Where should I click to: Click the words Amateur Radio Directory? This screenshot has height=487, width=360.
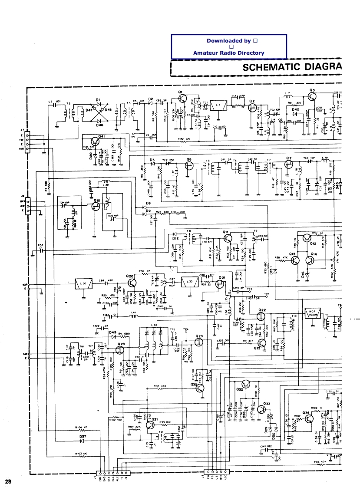[228, 53]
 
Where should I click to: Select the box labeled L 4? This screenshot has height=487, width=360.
[218, 106]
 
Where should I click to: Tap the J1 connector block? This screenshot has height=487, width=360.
[28, 142]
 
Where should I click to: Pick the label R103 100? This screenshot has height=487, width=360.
[81, 454]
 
